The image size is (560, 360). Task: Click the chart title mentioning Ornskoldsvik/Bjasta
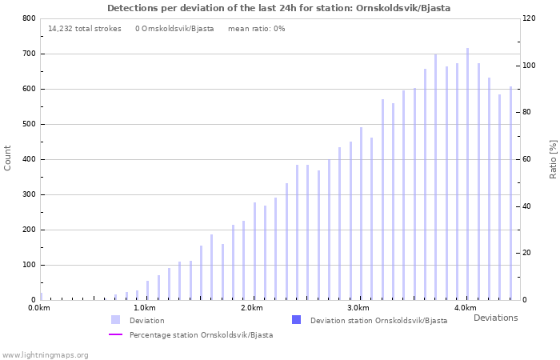pyautogui.click(x=278, y=8)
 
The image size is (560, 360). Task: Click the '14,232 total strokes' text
pyautogui.click(x=85, y=29)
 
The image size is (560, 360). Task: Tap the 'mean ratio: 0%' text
pyautogui.click(x=256, y=29)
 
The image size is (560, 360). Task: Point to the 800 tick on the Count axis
pyautogui.click(x=29, y=18)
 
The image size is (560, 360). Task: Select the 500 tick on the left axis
pyautogui.click(x=29, y=124)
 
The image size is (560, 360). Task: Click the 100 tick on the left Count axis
pyautogui.click(x=29, y=265)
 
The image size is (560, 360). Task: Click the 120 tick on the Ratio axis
pyautogui.click(x=530, y=18)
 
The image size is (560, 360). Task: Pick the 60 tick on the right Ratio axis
pyautogui.click(x=528, y=159)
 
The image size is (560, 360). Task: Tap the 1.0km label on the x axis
pyautogui.click(x=144, y=308)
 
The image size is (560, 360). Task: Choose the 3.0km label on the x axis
pyautogui.click(x=358, y=308)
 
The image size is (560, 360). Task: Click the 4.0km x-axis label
pyautogui.click(x=465, y=308)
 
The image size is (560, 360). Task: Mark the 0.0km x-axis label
pyautogui.click(x=39, y=308)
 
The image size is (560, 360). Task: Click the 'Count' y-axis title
pyautogui.click(x=8, y=158)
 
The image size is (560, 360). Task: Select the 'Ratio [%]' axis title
pyautogui.click(x=553, y=158)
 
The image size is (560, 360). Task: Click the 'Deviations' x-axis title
pyautogui.click(x=495, y=318)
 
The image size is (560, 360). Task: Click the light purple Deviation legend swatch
pyautogui.click(x=116, y=320)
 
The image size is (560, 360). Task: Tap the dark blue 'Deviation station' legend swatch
pyautogui.click(x=296, y=320)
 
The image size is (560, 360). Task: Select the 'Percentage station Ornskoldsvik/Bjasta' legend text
pyautogui.click(x=201, y=335)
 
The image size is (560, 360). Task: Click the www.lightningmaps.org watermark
pyautogui.click(x=45, y=354)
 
